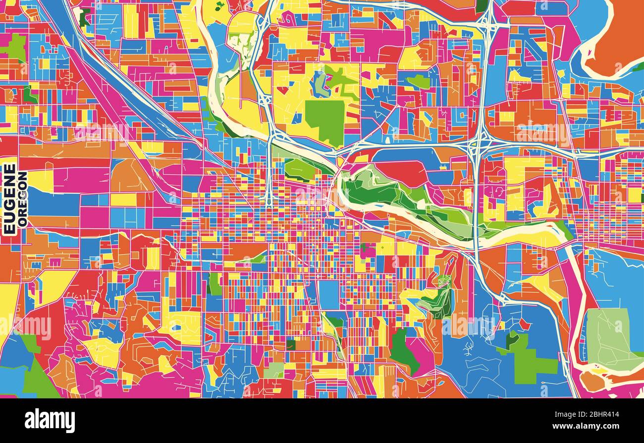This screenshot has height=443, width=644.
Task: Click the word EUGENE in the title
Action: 9,198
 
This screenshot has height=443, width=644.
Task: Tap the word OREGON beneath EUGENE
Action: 22,199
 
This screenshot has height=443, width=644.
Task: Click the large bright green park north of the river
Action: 324,119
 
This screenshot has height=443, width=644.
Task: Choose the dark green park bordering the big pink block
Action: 401,347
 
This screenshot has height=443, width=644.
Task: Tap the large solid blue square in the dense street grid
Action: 328,295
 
